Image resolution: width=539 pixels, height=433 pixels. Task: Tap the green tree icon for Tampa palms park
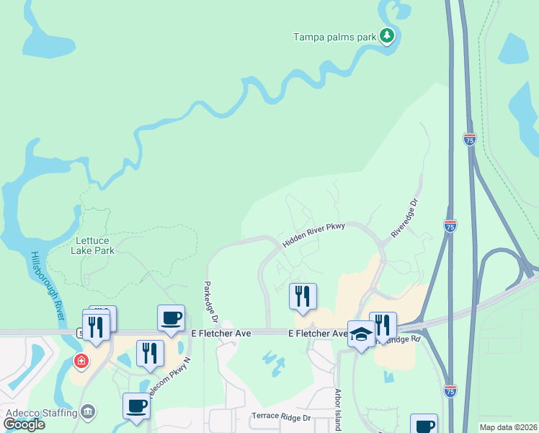point(388,35)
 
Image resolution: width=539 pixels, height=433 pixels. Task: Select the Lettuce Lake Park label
point(93,245)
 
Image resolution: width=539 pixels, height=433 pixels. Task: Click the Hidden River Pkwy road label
point(313,236)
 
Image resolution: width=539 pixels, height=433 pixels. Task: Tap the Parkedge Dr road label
point(210,302)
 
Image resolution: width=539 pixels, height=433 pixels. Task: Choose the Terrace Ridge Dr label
point(280,417)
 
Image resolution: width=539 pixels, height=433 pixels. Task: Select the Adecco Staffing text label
point(41,413)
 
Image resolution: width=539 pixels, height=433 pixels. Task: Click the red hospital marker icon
point(80,360)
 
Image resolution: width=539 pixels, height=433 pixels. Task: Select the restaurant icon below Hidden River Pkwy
point(303,295)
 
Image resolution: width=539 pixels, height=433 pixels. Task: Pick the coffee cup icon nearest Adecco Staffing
point(136,405)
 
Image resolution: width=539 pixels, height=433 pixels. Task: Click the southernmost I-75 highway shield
point(450,392)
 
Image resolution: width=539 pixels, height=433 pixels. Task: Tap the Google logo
point(24,424)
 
